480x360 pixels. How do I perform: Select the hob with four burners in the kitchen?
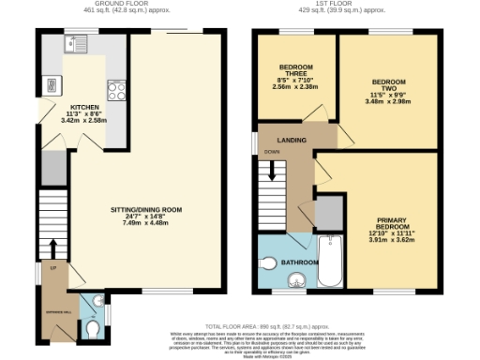(117, 91)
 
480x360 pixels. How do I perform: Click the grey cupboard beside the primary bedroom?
(328, 214)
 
